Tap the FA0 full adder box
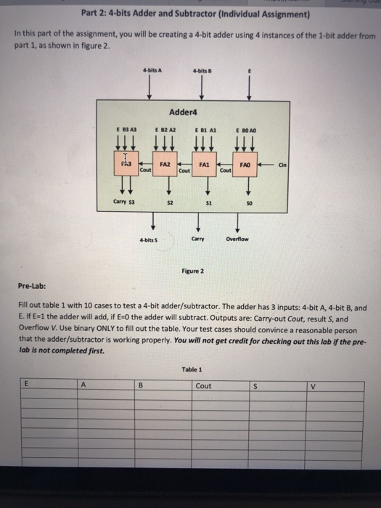tap(247, 165)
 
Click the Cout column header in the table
tap(204, 386)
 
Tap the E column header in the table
tap(28, 385)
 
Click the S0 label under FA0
tap(248, 205)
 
